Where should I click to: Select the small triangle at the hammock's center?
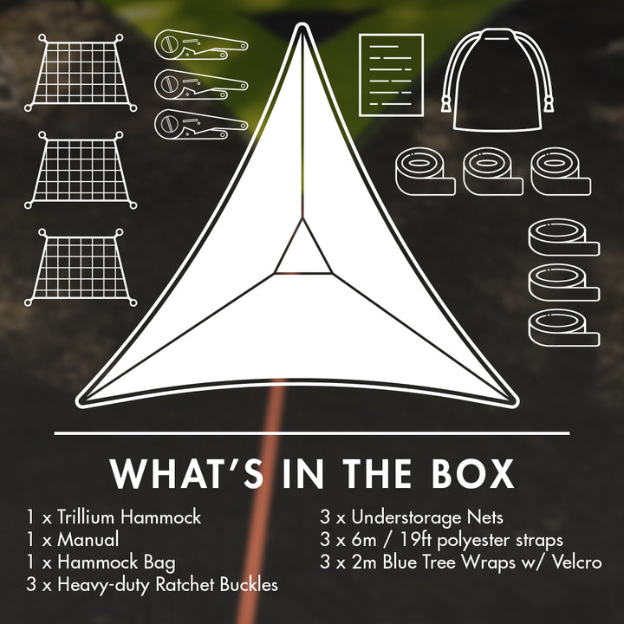pos(302,254)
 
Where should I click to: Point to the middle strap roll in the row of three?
pos(494,170)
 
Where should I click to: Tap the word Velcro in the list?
pos(575,562)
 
